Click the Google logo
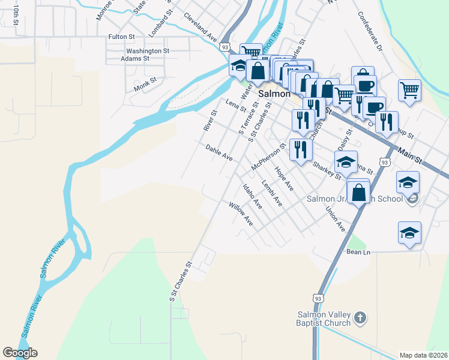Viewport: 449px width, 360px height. tap(20, 353)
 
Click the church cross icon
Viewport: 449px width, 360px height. tap(360, 318)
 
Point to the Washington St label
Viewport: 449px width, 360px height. tap(147, 51)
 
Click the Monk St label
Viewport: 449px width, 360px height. tap(145, 83)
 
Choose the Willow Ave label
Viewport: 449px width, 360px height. tap(241, 214)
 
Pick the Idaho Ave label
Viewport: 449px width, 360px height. tap(252, 197)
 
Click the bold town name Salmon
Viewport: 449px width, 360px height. tap(274, 94)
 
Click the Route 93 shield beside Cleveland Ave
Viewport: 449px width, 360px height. tap(225, 47)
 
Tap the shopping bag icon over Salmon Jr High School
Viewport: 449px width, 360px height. tap(358, 193)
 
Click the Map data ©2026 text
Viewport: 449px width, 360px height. tap(423, 355)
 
